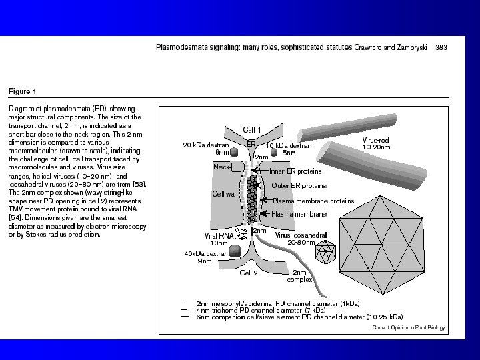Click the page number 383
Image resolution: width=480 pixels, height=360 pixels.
tap(441, 47)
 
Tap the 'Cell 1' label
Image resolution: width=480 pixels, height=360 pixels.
tap(252, 129)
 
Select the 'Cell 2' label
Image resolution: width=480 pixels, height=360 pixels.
tap(248, 273)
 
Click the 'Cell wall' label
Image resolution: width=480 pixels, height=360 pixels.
tap(225, 193)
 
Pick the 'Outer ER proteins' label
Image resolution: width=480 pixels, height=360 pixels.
tap(299, 185)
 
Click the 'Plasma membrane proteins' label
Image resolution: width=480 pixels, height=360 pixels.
tap(314, 201)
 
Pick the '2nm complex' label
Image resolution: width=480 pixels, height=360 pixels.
tap(300, 276)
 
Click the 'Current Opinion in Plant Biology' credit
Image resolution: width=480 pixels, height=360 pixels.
tap(408, 327)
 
